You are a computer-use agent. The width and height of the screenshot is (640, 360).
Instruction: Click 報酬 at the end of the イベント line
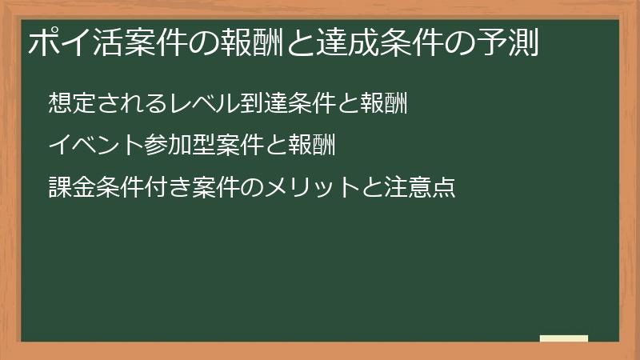[x=308, y=146]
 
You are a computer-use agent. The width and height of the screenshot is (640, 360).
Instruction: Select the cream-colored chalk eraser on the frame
[x=564, y=338]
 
